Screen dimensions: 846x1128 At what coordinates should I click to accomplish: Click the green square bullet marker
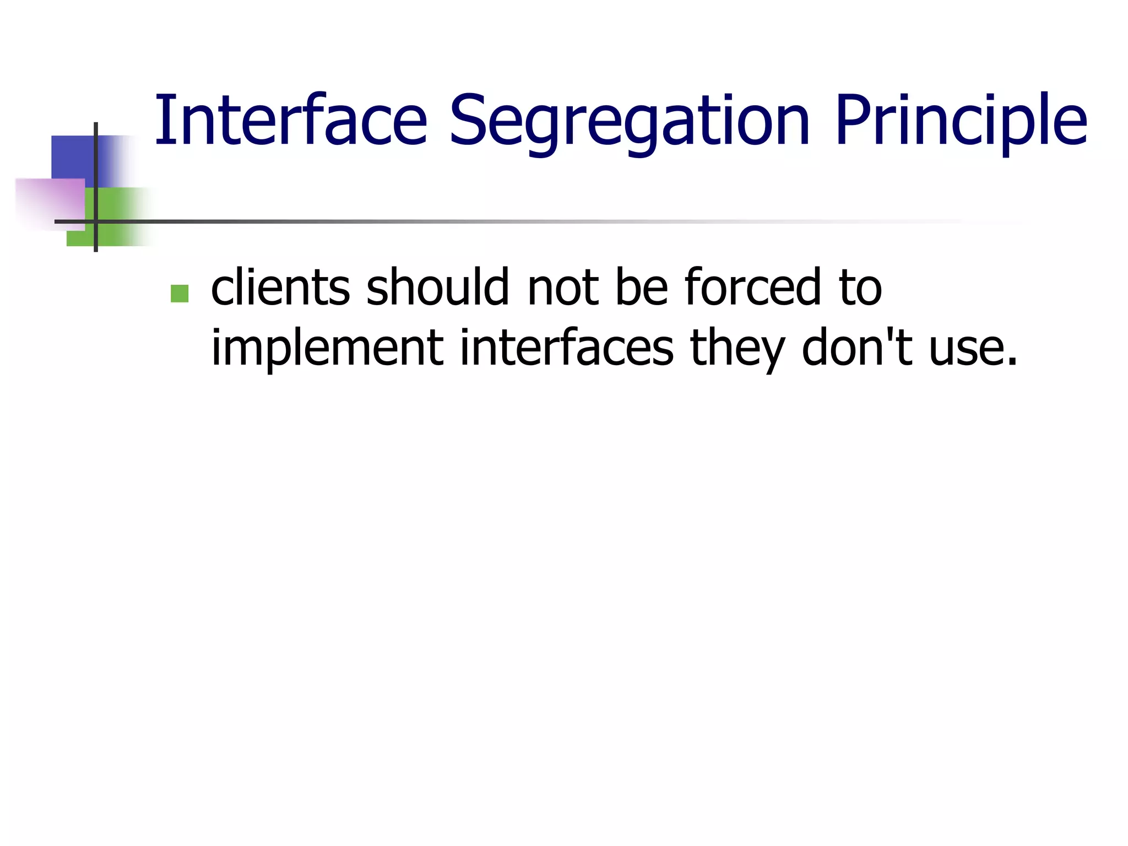pos(180,294)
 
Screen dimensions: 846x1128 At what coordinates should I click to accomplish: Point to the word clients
pos(280,287)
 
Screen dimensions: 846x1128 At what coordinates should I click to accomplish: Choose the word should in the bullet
pos(437,287)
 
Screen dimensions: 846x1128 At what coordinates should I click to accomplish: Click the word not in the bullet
pos(563,287)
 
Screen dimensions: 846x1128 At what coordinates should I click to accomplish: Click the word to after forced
pos(860,287)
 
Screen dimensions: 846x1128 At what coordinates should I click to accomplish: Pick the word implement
pos(327,348)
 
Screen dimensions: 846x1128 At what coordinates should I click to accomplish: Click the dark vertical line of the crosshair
pos(96,165)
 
